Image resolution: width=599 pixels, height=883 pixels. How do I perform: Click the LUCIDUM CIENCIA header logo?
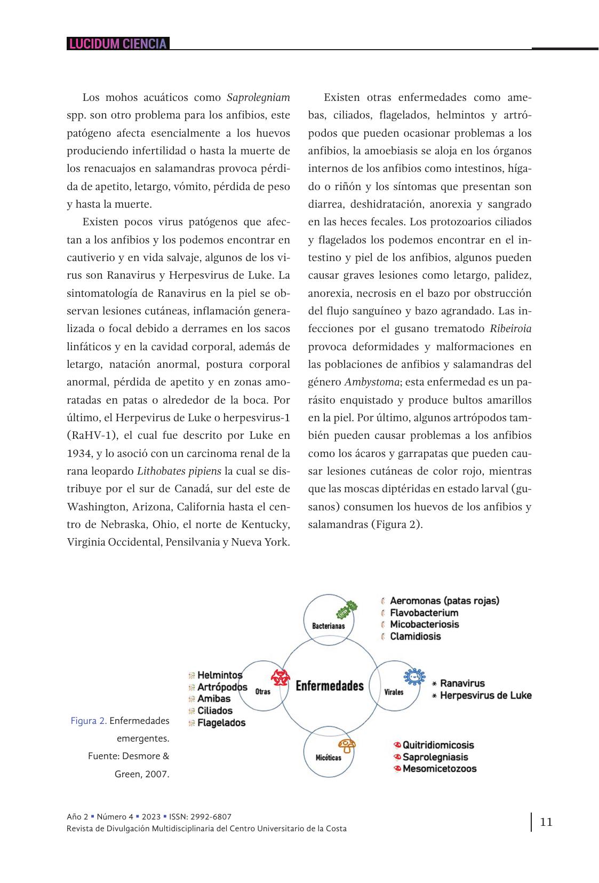[118, 44]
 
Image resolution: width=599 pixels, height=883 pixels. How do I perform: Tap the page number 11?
[546, 822]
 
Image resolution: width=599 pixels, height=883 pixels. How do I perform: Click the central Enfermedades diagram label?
[329, 685]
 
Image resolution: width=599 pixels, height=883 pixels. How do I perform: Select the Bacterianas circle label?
[328, 626]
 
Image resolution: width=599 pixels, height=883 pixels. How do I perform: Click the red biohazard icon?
[279, 677]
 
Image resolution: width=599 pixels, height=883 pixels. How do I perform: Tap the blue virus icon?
[414, 676]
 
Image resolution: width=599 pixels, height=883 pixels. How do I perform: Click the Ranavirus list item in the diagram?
[462, 683]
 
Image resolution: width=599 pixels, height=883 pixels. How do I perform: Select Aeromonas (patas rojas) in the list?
[444, 601]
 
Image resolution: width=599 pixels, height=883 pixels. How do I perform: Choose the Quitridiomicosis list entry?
[438, 745]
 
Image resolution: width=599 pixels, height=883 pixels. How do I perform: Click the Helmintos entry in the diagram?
[219, 675]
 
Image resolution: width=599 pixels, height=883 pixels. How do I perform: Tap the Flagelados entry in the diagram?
[221, 723]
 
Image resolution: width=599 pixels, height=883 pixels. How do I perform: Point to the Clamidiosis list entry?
[415, 636]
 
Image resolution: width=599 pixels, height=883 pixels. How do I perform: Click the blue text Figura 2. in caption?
[89, 721]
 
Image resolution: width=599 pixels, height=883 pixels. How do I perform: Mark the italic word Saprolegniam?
[258, 97]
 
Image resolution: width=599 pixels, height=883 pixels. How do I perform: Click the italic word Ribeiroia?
[510, 328]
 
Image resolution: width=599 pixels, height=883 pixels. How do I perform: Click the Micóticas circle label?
[328, 758]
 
